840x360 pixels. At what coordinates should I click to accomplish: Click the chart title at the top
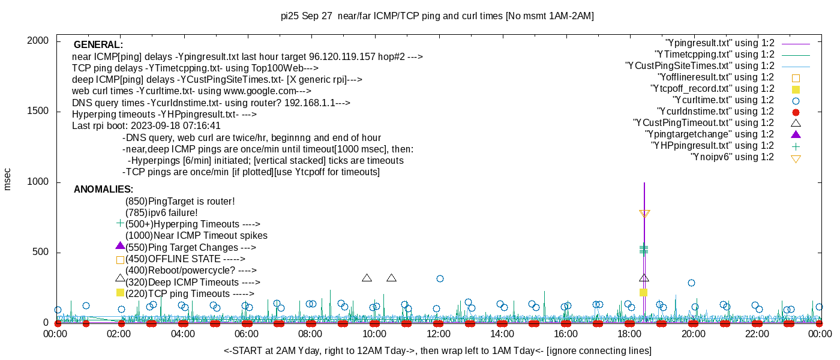pyautogui.click(x=437, y=16)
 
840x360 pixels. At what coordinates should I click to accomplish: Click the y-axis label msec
pyautogui.click(x=7, y=179)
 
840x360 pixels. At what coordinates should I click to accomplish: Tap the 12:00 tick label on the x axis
pyautogui.click(x=439, y=334)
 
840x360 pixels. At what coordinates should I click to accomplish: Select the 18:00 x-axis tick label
pyautogui.click(x=629, y=334)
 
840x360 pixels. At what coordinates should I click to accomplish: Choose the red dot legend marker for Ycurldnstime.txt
pyautogui.click(x=796, y=112)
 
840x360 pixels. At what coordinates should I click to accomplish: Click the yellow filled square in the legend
pyautogui.click(x=796, y=89)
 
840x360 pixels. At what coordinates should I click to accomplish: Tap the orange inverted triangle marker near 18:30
pyautogui.click(x=644, y=214)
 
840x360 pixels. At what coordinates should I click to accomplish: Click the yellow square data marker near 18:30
pyautogui.click(x=643, y=293)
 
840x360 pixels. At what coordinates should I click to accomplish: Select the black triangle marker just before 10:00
pyautogui.click(x=367, y=278)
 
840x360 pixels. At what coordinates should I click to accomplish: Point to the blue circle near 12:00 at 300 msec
pyautogui.click(x=440, y=278)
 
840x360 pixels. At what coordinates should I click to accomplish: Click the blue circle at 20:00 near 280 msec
pyautogui.click(x=691, y=283)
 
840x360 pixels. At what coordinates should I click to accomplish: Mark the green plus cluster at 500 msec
pyautogui.click(x=644, y=250)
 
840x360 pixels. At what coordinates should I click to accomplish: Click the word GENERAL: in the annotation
pyautogui.click(x=98, y=44)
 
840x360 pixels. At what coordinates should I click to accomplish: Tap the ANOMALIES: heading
pyautogui.click(x=103, y=190)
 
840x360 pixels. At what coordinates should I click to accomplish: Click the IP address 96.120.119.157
pyautogui.click(x=342, y=56)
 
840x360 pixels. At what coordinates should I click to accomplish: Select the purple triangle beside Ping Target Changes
pyautogui.click(x=120, y=245)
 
